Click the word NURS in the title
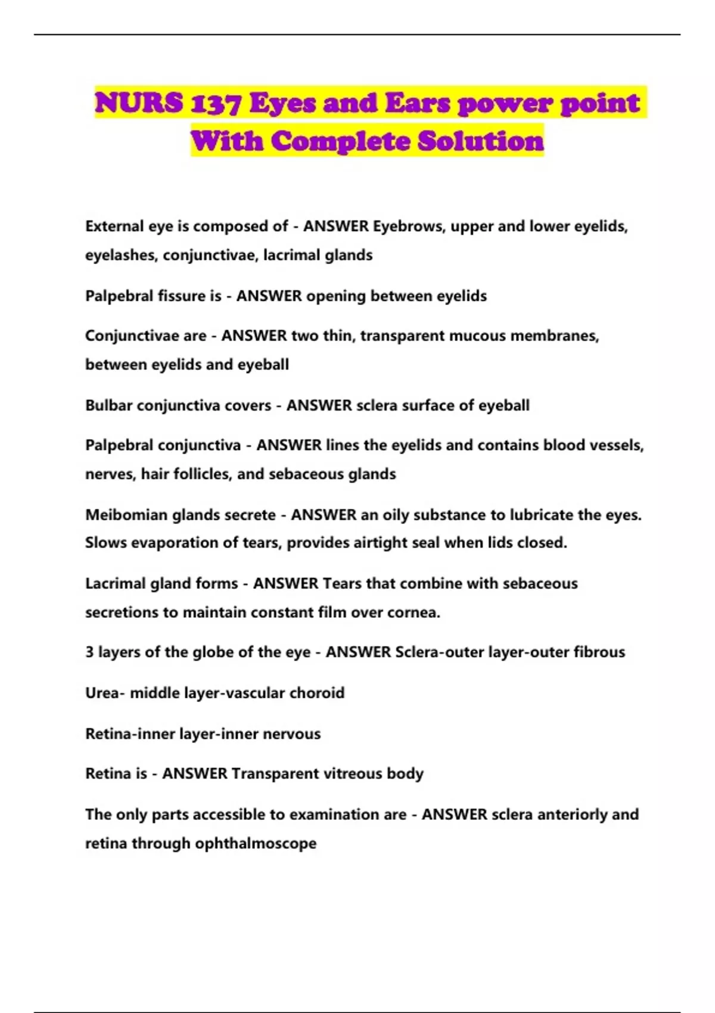point(139,103)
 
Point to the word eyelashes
point(121,255)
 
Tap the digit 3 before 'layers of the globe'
point(89,652)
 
